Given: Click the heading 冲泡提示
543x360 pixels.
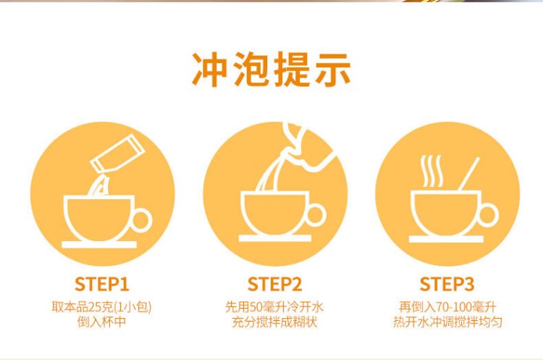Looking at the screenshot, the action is (x=271, y=70).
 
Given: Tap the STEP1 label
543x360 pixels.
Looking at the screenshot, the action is (x=102, y=284).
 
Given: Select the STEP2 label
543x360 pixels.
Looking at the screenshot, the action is (x=274, y=284).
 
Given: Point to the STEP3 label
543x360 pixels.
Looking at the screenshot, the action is (x=447, y=284).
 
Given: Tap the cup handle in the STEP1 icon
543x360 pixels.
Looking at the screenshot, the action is (x=142, y=220).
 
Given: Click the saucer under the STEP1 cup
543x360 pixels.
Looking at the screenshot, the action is (x=99, y=245).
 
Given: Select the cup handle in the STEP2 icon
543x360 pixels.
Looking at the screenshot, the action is (x=316, y=215).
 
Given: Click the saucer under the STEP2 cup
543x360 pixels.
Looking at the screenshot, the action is (x=274, y=238).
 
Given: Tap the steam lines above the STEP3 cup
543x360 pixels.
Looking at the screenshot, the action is (x=432, y=171).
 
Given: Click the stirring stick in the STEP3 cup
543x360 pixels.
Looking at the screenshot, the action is (x=469, y=174).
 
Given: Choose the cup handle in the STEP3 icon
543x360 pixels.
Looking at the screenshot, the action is (x=488, y=216).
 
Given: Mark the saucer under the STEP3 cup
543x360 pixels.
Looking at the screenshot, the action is (x=446, y=239).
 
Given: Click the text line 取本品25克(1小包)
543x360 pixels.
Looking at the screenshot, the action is (x=101, y=307).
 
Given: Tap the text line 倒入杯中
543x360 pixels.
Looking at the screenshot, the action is (x=101, y=322).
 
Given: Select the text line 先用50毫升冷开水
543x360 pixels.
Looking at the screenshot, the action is (x=274, y=307).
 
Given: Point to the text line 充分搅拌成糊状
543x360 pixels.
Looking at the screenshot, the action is (x=274, y=322).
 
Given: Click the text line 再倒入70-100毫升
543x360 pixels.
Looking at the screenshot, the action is (x=447, y=307).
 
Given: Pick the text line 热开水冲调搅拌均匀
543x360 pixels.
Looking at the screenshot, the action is (x=447, y=322).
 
